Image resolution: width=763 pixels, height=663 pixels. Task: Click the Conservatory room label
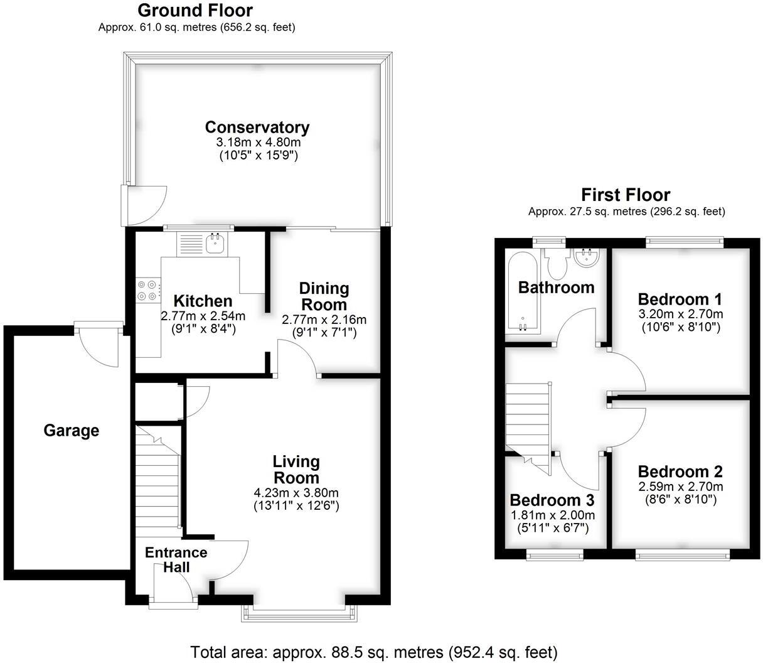[257, 127]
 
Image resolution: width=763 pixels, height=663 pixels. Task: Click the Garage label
[71, 431]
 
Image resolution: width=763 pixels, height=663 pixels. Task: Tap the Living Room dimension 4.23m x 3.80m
[296, 493]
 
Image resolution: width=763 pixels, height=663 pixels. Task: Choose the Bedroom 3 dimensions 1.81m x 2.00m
[552, 515]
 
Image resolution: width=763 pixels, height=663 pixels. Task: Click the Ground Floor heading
[195, 11]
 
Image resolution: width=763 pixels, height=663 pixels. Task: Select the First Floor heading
[626, 195]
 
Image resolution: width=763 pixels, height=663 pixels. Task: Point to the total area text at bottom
[373, 652]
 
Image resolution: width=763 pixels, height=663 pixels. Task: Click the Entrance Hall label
[176, 559]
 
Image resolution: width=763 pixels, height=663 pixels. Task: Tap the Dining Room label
[324, 296]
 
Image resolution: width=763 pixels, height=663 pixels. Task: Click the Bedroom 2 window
[683, 554]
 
